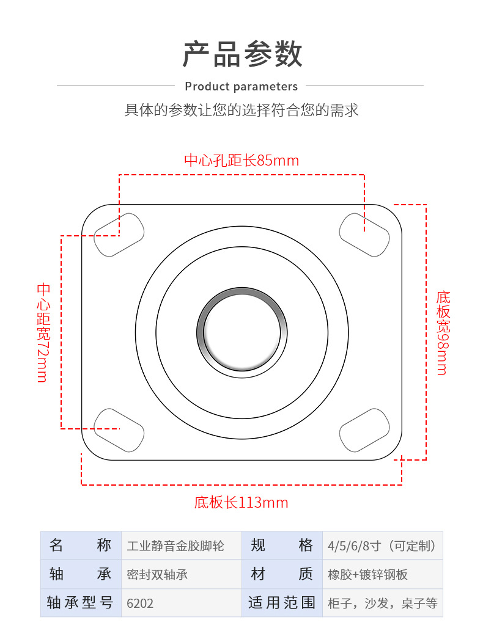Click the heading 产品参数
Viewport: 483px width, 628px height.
click(242, 54)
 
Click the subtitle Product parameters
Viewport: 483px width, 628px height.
click(241, 86)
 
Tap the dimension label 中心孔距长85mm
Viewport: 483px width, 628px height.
click(242, 161)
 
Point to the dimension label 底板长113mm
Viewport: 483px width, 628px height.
click(241, 503)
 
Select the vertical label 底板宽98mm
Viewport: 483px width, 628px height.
click(442, 333)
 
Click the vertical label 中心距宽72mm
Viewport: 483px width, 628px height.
click(43, 332)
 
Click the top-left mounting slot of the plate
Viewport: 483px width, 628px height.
click(119, 235)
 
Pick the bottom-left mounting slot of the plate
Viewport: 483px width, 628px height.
click(119, 430)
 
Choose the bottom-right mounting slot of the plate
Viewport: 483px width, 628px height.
click(364, 430)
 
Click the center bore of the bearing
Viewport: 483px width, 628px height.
click(242, 332)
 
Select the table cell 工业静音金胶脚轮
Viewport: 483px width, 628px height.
click(175, 546)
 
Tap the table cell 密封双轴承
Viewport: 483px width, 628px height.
click(158, 574)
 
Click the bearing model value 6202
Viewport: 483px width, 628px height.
click(140, 603)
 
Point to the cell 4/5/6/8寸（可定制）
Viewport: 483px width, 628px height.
click(382, 546)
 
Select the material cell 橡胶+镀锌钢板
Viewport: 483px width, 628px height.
click(367, 574)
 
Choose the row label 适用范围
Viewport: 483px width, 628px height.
click(282, 603)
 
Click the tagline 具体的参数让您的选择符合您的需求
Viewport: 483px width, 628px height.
click(242, 111)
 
